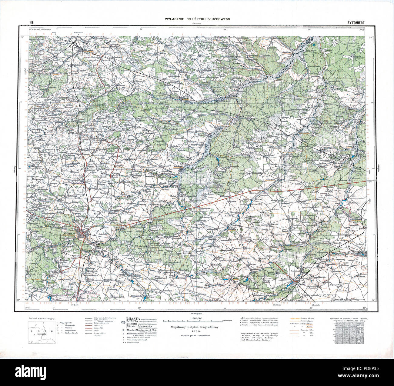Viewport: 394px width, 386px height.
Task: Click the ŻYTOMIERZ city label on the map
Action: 69,233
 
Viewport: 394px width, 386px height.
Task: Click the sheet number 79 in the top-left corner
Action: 31,22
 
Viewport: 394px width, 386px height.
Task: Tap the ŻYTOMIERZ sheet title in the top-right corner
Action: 356,22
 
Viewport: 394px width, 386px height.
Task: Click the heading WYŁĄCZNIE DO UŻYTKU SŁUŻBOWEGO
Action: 197,19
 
